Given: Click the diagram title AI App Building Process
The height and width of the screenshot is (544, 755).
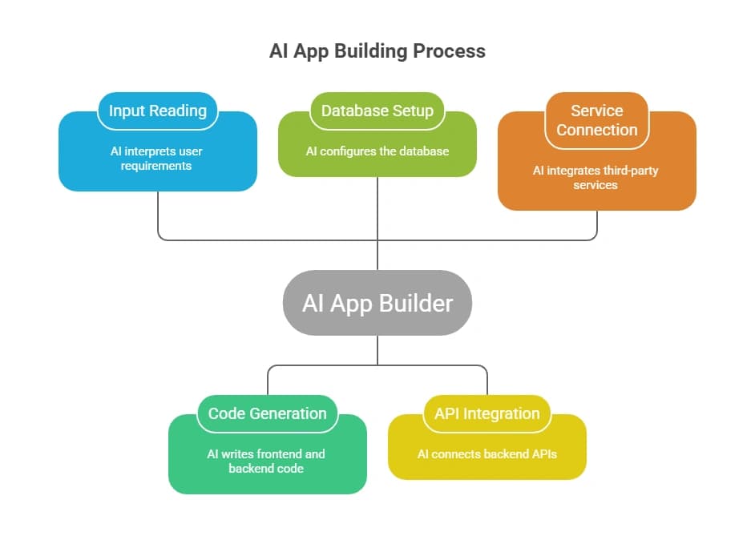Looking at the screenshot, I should [377, 51].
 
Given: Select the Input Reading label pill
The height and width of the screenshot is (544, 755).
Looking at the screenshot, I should [158, 111].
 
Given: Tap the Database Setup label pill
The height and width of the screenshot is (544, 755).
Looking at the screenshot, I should [377, 111].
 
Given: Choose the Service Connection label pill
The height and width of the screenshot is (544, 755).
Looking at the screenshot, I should [597, 120].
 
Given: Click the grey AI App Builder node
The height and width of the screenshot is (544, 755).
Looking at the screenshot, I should [377, 303].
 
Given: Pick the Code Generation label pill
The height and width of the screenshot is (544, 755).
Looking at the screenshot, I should [268, 414].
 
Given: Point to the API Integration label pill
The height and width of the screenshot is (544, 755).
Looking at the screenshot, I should [487, 414].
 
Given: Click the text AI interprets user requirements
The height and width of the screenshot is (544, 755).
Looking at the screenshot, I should [158, 158].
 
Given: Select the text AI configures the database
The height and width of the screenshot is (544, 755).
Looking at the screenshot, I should [377, 151].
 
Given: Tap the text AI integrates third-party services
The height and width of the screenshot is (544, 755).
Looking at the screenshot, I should [597, 177].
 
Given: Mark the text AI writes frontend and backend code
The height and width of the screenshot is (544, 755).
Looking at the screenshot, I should [266, 461].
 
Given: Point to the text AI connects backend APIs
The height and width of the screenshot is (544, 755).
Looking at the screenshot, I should [487, 453].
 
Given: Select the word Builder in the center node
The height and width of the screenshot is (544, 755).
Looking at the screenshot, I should [415, 303].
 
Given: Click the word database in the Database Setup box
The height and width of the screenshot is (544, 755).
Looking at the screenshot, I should [424, 151].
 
